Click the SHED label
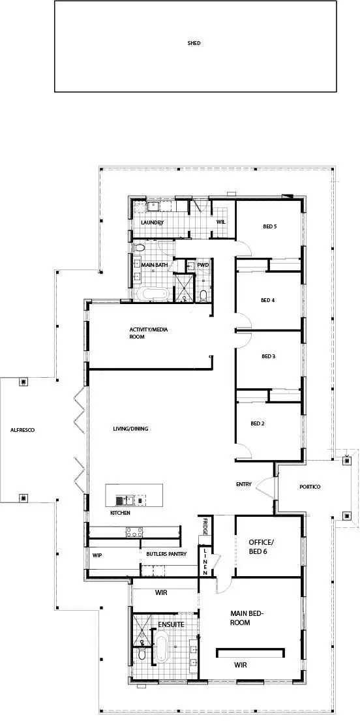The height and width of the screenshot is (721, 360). pos(194,44)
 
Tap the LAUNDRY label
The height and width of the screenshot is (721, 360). pos(152,222)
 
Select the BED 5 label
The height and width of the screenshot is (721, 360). pos(270,226)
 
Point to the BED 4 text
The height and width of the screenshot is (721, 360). pos(267,300)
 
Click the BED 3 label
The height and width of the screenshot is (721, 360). pos(268,356)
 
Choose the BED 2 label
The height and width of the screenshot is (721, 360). pos(258,423)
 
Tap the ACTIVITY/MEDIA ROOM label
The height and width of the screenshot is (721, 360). pos(149,333)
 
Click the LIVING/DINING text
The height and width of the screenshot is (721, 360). pos(130,429)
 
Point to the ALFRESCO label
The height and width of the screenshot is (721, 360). pos(22,431)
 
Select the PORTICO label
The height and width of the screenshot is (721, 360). pos(310,487)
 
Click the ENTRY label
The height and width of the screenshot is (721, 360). pos(243,484)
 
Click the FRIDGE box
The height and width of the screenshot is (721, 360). pos(205,527)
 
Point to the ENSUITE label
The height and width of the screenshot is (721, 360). pos(172,624)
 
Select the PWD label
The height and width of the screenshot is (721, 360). pos(203,265)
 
